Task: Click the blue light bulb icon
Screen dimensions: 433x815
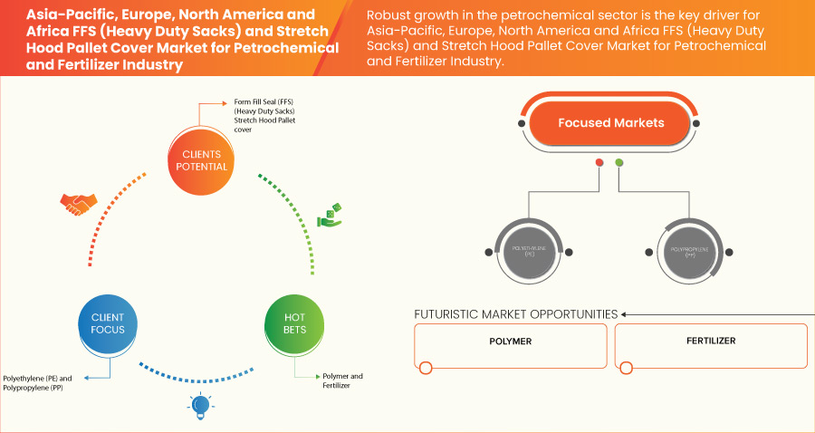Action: coord(201,406)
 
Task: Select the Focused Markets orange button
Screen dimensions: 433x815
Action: coord(610,123)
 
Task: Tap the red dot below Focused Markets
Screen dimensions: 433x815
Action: coord(599,163)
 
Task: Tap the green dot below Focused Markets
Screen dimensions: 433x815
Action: coord(619,163)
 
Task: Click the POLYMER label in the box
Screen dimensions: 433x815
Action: coord(510,342)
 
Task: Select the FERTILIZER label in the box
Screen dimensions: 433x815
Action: coord(710,342)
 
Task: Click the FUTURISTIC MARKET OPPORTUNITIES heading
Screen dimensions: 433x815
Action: coord(515,314)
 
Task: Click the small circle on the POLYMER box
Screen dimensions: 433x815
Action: coord(426,368)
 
